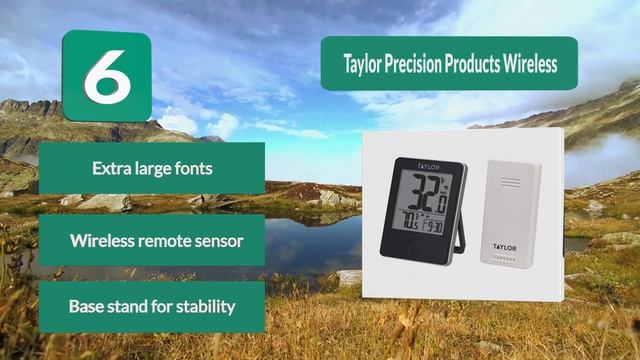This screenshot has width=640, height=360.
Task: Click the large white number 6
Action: point(104,78)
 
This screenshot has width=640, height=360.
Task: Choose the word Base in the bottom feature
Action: point(84,306)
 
